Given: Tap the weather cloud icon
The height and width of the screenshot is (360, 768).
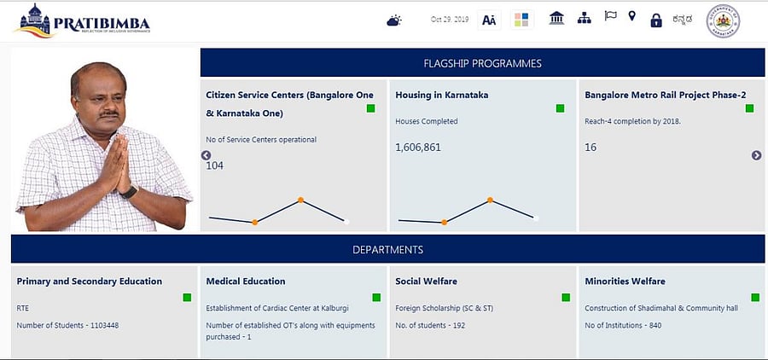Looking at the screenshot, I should point(393,20).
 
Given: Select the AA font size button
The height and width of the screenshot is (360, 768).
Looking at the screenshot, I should point(489,20).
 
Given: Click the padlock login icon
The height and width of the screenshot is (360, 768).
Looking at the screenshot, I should point(655,20).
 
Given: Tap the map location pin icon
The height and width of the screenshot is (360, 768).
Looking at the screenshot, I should point(631,16).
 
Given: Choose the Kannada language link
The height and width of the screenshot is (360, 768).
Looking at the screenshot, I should point(683,20).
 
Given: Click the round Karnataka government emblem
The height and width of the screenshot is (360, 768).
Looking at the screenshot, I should point(724,22).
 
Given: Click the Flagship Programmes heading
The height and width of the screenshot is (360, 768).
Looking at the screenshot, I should point(482,63).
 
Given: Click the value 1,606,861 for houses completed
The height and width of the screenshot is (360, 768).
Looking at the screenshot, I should point(418,148).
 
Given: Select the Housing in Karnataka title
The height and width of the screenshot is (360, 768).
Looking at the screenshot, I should point(442,95).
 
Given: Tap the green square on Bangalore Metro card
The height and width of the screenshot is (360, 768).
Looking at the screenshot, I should point(749,108).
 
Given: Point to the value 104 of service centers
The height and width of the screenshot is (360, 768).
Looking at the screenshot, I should point(215,165).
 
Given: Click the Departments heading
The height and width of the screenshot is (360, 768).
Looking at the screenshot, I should point(387,250).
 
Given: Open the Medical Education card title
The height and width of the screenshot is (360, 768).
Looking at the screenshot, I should point(246,281).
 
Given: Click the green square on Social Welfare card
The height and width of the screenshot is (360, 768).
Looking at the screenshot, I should point(565,297).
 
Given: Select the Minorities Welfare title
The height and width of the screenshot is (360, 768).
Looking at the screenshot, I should point(625,281).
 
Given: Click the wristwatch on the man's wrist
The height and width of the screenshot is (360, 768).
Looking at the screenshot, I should point(129,192).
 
